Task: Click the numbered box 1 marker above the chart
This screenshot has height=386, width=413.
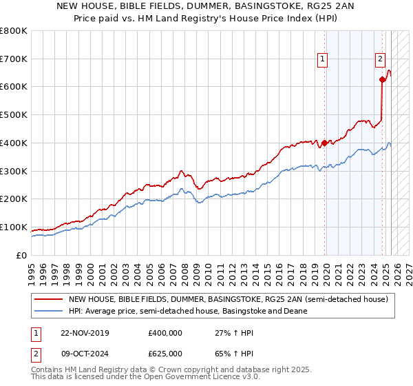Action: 322,60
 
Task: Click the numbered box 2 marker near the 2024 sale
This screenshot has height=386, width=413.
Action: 380,60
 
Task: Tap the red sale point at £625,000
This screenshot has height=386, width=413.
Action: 382,79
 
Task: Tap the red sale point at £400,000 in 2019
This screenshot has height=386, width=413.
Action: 324,143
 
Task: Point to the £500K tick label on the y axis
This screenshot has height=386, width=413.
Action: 14,114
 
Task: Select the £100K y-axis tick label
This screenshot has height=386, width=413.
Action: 14,227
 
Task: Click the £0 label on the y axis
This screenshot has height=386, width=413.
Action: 21,255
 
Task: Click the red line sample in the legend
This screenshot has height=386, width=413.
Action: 49,300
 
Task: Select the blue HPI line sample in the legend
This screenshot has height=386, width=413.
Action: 49,311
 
